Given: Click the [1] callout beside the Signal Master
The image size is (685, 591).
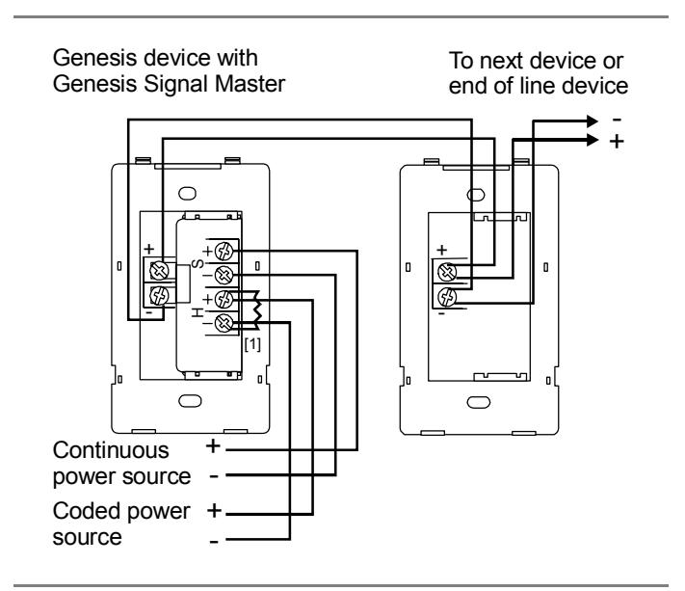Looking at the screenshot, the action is coord(252,344).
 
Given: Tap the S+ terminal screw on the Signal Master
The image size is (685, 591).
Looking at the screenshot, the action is coord(224,252).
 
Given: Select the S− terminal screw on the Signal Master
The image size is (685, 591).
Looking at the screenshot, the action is coord(224,275).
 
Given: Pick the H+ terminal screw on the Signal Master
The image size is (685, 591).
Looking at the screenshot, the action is coord(224,300).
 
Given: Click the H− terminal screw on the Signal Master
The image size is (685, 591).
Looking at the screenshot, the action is coord(224,324).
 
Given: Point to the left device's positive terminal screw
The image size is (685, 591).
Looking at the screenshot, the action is coord(159,271).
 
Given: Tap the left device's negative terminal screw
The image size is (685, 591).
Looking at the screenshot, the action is coord(159,295).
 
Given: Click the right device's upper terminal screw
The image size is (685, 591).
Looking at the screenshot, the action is coord(447,272).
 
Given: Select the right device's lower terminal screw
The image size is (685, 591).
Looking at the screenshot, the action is coord(447,297).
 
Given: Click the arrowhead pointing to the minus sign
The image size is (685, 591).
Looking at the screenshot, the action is coord(593,121).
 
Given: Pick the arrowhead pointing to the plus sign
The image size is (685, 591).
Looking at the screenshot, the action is coord(593,140).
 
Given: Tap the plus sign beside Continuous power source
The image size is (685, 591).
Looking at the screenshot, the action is coord(213,446).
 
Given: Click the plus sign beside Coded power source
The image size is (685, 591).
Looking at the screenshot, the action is coord(214,511).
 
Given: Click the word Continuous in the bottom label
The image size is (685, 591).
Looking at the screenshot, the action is coord(111,450).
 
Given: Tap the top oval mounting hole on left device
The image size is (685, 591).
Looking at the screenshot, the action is coord(188,193).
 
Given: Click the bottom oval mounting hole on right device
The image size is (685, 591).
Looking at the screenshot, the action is coord(479,402).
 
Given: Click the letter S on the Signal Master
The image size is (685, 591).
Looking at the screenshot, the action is coord(198,263).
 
